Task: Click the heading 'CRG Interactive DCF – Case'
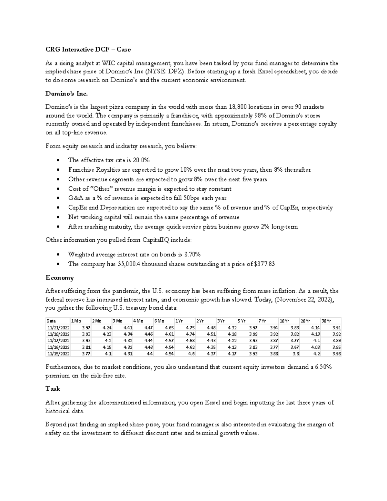click(88, 49)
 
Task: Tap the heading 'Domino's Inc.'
click(66, 94)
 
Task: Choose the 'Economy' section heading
click(60, 278)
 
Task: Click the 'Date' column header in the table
click(51, 321)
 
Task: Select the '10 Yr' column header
click(284, 321)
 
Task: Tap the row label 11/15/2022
click(58, 354)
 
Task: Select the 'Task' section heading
click(53, 389)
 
